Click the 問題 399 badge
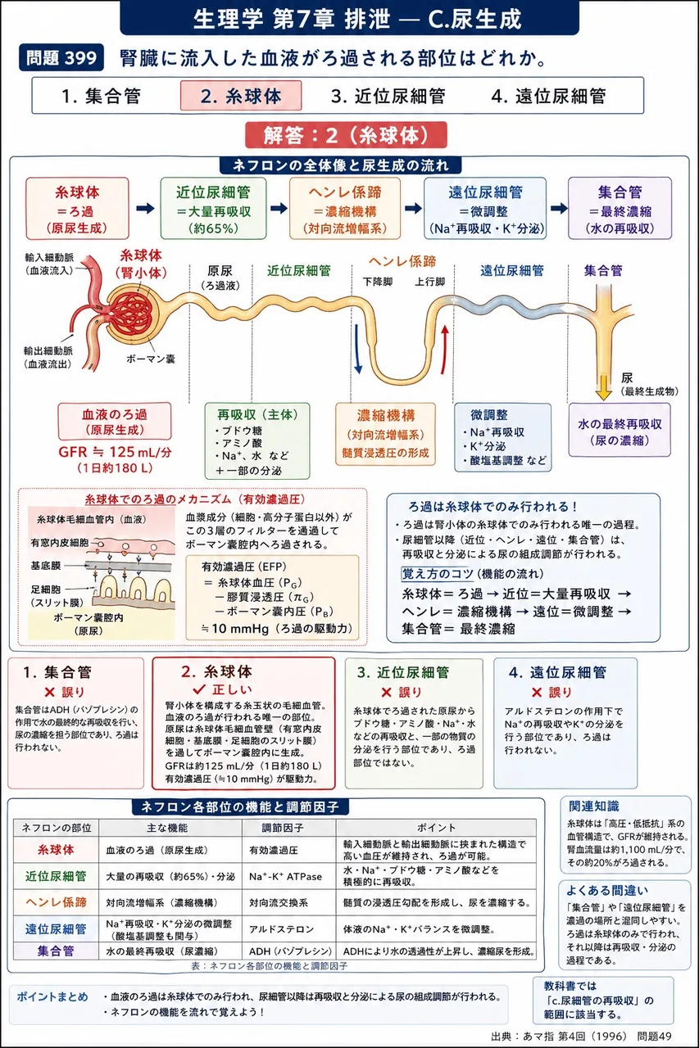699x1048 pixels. coord(61,57)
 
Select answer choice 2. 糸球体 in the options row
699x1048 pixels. coord(241,96)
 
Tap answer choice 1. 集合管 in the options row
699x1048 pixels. coord(101,96)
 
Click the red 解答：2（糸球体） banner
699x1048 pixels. coord(346,135)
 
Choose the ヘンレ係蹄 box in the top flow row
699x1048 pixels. coord(345,209)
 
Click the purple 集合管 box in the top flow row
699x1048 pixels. coord(620,209)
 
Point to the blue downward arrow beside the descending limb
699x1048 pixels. coord(358,349)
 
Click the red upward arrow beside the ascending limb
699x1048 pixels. coord(444,350)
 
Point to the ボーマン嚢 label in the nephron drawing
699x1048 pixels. coord(151,359)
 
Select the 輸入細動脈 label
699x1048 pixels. coord(49,258)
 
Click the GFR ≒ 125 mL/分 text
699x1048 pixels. coord(116,452)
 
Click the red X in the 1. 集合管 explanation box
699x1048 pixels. coord(50,692)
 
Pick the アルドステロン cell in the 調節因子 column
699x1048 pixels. coord(281,928)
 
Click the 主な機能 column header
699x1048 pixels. coord(167,828)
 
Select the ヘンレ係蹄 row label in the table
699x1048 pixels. coord(57,902)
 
